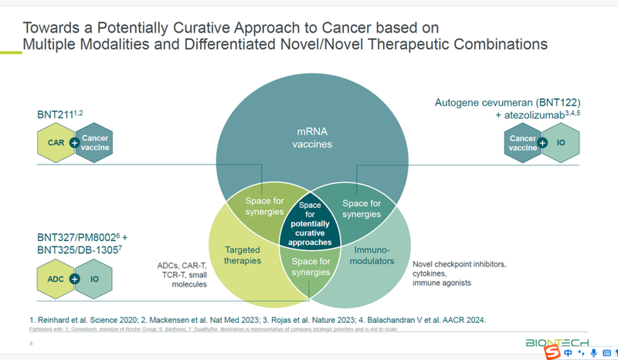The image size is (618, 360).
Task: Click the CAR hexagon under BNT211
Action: (x=56, y=143)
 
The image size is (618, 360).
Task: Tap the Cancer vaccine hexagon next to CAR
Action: (x=94, y=143)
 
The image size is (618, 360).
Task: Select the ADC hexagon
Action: (x=56, y=278)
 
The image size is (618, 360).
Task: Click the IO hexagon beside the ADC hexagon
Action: (x=94, y=278)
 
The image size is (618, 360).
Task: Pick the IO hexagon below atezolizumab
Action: (x=562, y=143)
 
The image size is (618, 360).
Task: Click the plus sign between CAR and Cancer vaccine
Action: (x=74, y=143)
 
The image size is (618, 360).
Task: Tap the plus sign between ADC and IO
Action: (x=74, y=278)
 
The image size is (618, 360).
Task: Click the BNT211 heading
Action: (x=56, y=115)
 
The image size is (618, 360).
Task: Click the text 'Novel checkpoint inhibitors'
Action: (x=460, y=264)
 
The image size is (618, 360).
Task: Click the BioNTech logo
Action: (x=556, y=342)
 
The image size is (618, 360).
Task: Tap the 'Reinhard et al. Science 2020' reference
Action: (x=87, y=319)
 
